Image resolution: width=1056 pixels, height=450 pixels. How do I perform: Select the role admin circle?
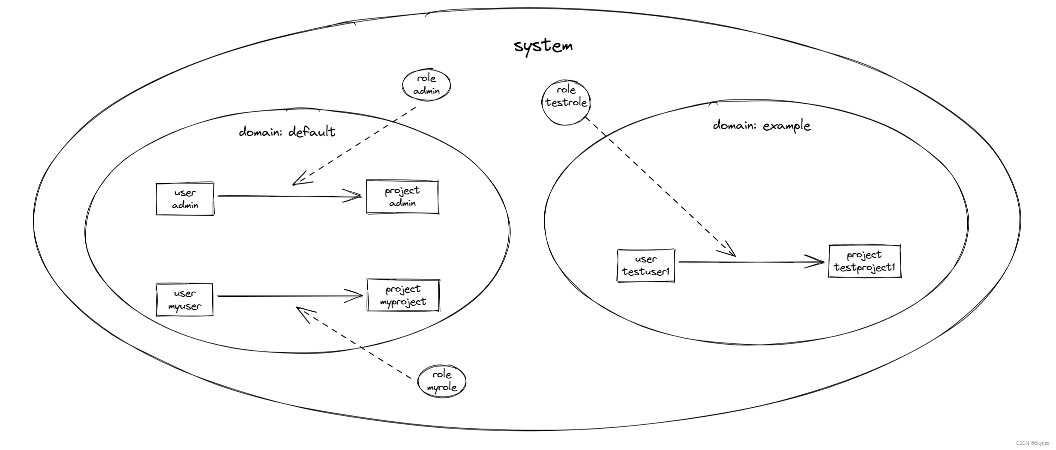(x=426, y=84)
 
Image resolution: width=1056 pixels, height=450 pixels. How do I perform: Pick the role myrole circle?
(x=441, y=381)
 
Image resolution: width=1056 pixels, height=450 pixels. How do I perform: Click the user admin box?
(x=185, y=199)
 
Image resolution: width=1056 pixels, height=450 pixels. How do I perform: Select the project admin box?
(x=402, y=197)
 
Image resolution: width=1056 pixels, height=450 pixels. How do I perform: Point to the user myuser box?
(x=184, y=300)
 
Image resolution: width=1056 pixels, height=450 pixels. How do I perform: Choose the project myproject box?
(x=403, y=295)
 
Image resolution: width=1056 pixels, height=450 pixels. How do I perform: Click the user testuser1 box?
(x=645, y=265)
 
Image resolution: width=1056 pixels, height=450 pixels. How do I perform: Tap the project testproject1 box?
(x=864, y=262)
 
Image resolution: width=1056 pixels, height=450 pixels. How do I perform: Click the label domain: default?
(x=287, y=131)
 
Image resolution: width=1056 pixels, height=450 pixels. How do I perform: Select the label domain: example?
(x=762, y=125)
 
